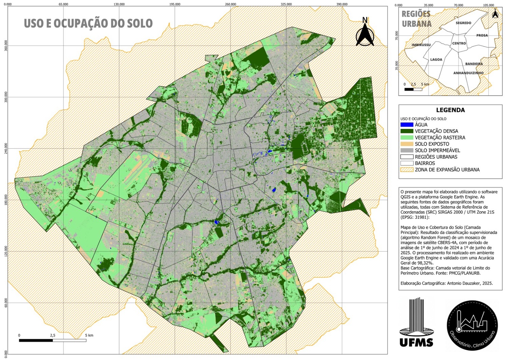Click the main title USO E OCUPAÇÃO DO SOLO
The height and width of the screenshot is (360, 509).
(x=88, y=23)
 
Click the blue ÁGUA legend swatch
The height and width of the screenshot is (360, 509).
(x=407, y=125)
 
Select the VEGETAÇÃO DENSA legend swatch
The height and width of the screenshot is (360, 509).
(x=407, y=131)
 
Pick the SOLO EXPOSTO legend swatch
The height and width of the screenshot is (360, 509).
(x=407, y=144)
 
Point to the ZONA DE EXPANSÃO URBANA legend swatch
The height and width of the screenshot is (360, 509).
(x=407, y=170)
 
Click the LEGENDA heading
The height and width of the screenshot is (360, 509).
(x=450, y=110)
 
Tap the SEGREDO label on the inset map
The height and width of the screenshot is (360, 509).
(x=463, y=23)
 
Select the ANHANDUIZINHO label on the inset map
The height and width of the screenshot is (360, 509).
(x=468, y=73)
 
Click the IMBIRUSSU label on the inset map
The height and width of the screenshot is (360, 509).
(x=421, y=45)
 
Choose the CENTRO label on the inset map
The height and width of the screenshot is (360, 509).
(x=459, y=43)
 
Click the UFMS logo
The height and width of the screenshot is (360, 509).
(x=416, y=322)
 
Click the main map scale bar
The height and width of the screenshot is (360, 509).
(x=53, y=340)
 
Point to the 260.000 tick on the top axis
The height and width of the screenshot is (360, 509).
(x=230, y=4)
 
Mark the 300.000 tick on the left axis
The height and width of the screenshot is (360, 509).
(x=5, y=97)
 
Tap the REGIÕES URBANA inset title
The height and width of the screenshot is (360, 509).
(x=416, y=19)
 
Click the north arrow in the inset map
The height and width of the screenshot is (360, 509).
(x=495, y=14)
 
